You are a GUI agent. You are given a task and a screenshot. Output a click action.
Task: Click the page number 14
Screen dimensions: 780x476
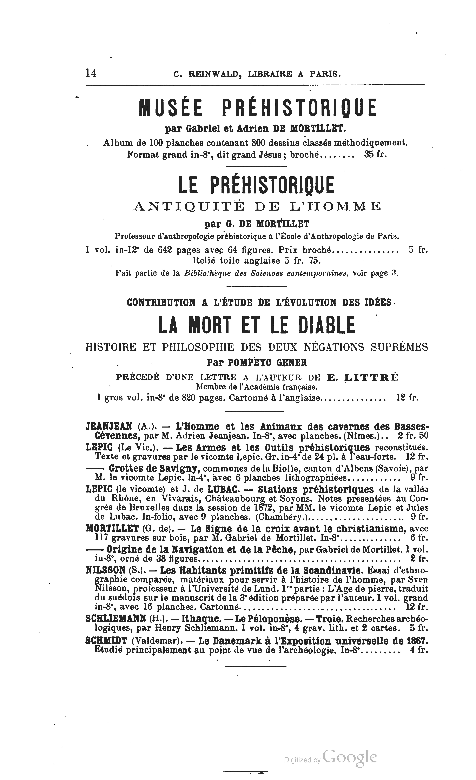tap(91, 73)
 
